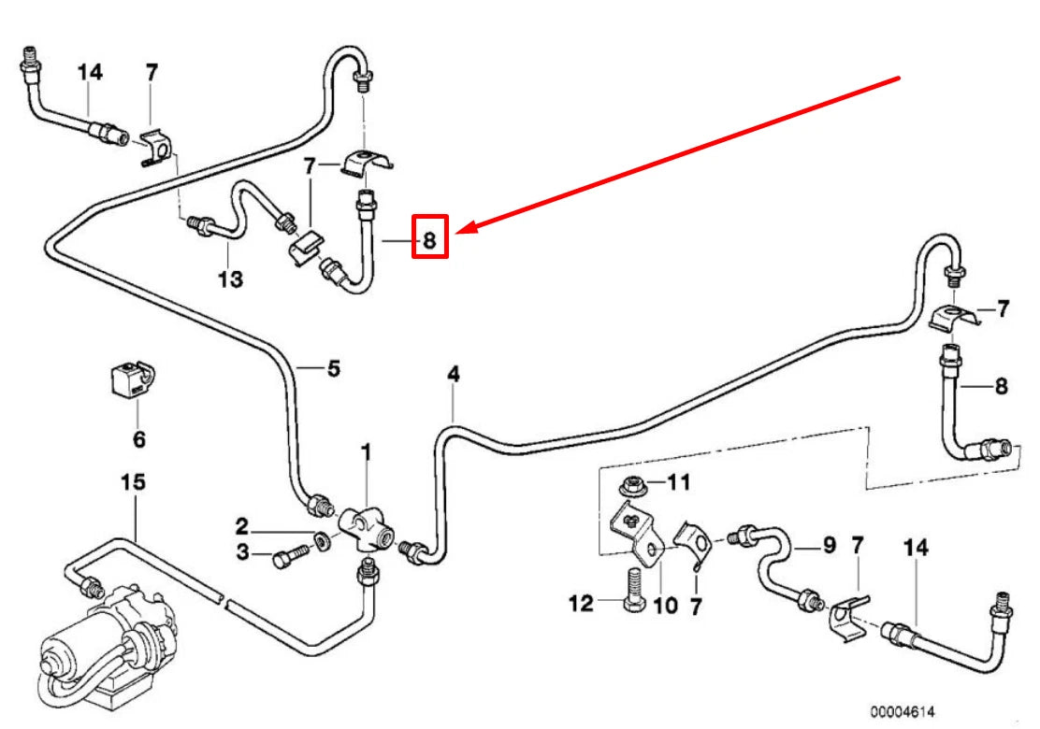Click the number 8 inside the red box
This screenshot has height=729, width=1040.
(429, 240)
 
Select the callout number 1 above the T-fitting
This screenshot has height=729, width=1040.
(367, 452)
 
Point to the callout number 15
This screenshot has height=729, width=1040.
(134, 482)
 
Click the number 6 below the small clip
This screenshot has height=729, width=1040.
(138, 437)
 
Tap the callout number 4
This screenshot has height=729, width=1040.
(454, 375)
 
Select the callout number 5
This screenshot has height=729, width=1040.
(333, 368)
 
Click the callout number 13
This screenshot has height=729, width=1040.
(230, 279)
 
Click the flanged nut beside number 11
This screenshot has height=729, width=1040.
(632, 486)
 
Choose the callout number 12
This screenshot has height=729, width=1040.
(581, 604)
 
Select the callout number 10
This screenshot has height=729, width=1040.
(664, 606)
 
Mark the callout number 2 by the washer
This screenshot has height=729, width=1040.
(241, 526)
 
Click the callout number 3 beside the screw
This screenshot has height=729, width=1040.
(243, 554)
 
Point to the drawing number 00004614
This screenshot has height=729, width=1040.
(902, 711)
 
